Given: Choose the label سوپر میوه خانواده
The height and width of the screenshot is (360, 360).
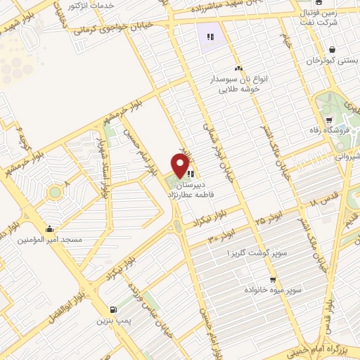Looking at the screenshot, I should (x=274, y=289).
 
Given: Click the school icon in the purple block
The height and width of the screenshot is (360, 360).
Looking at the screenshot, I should (x=209, y=37).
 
